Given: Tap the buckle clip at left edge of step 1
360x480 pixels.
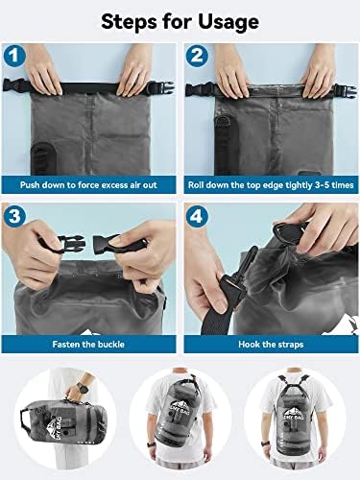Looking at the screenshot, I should click(x=13, y=89).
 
